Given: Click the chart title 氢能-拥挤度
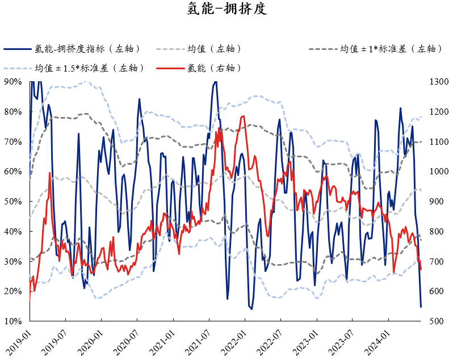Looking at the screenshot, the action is tap(227, 9).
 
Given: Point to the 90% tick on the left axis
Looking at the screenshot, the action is tap(13, 82).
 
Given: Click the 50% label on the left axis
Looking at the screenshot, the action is tap(13, 202).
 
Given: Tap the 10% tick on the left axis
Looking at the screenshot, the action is tap(13, 321).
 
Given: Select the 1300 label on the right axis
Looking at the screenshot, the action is tap(439, 82).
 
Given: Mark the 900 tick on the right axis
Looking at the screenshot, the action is tap(437, 202).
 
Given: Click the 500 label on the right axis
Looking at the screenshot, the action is tap(437, 321).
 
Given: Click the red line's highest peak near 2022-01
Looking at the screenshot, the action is tap(244, 116).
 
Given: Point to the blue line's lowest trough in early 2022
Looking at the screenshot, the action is tap(251, 309).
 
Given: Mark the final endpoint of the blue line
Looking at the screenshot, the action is tap(421, 307).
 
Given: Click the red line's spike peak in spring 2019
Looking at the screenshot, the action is tap(50, 173).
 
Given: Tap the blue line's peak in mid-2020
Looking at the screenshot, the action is tap(139, 99).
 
